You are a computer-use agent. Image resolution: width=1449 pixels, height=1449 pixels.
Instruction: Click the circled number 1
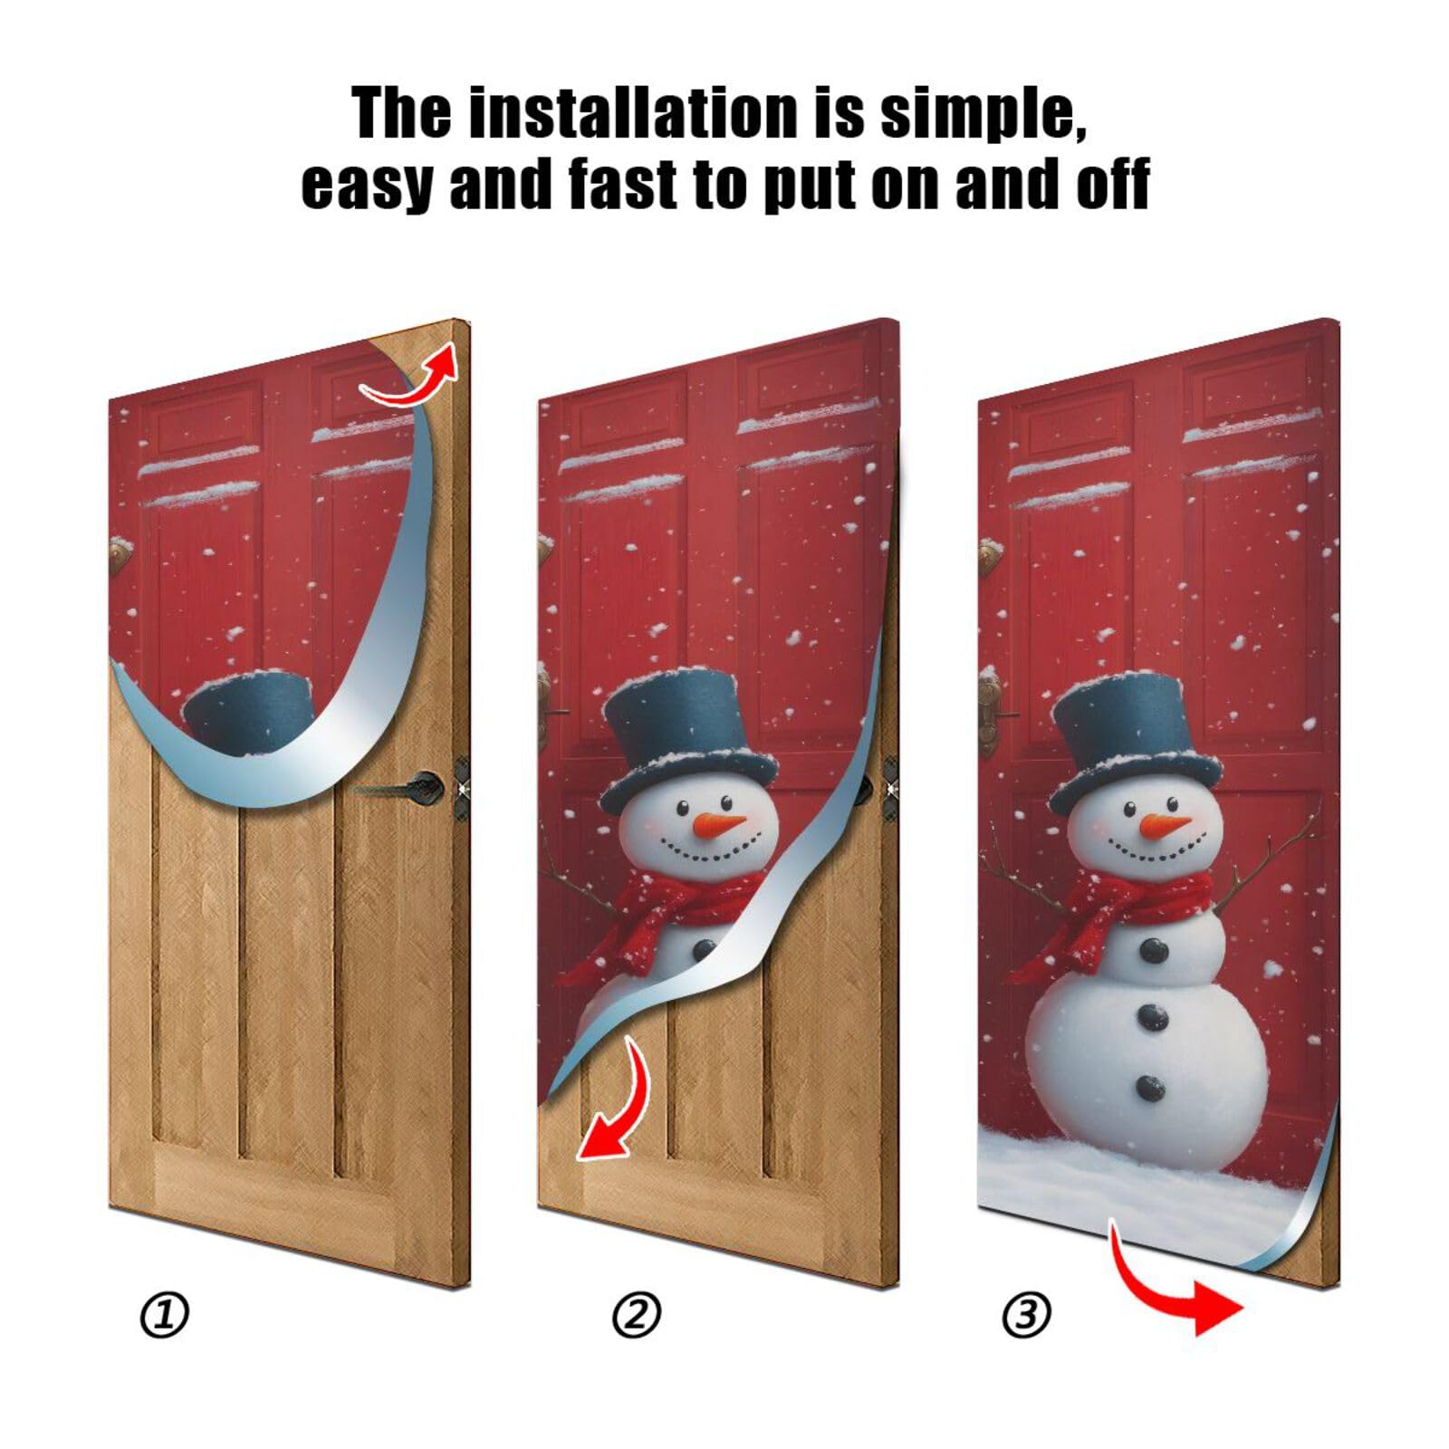click(165, 1315)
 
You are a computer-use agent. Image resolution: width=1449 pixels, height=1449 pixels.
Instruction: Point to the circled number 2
click(637, 1315)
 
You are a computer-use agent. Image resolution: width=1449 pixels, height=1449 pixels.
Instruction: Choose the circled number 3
click(1026, 1315)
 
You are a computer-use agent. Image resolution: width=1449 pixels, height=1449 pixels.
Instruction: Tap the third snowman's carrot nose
click(1164, 825)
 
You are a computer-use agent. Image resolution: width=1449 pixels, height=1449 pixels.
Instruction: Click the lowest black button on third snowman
click(1151, 1087)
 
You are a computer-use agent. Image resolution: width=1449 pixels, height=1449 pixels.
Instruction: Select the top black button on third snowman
click(1153, 949)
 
